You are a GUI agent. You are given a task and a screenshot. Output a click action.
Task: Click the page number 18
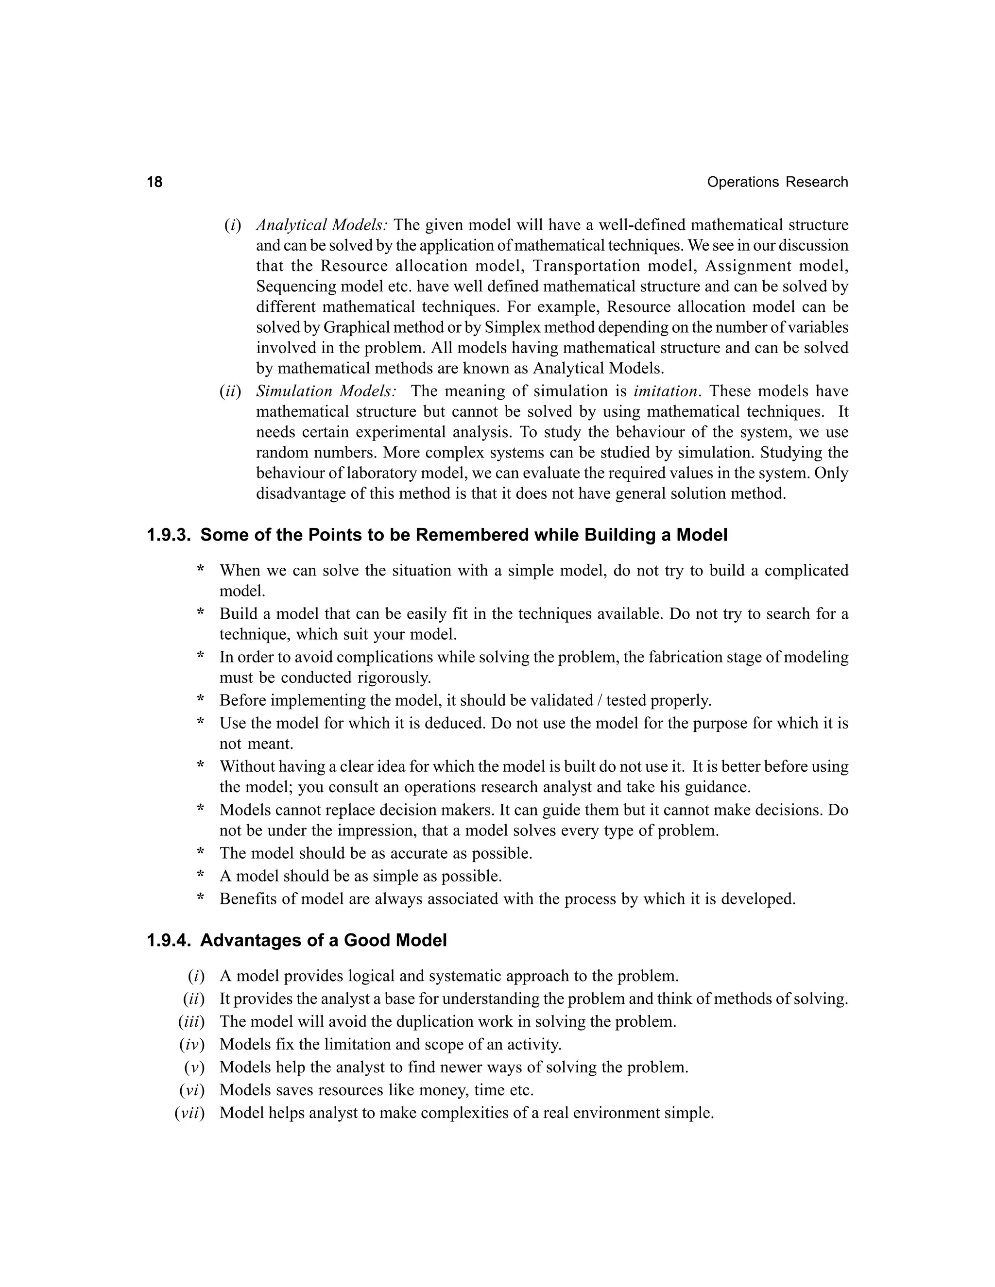click(154, 182)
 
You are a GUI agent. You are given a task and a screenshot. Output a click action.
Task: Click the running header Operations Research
click(777, 182)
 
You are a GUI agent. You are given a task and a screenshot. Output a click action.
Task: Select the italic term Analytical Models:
click(321, 225)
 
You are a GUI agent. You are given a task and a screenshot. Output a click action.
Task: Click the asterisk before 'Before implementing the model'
click(201, 701)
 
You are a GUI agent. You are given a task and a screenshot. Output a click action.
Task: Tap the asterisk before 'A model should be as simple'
click(201, 876)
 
